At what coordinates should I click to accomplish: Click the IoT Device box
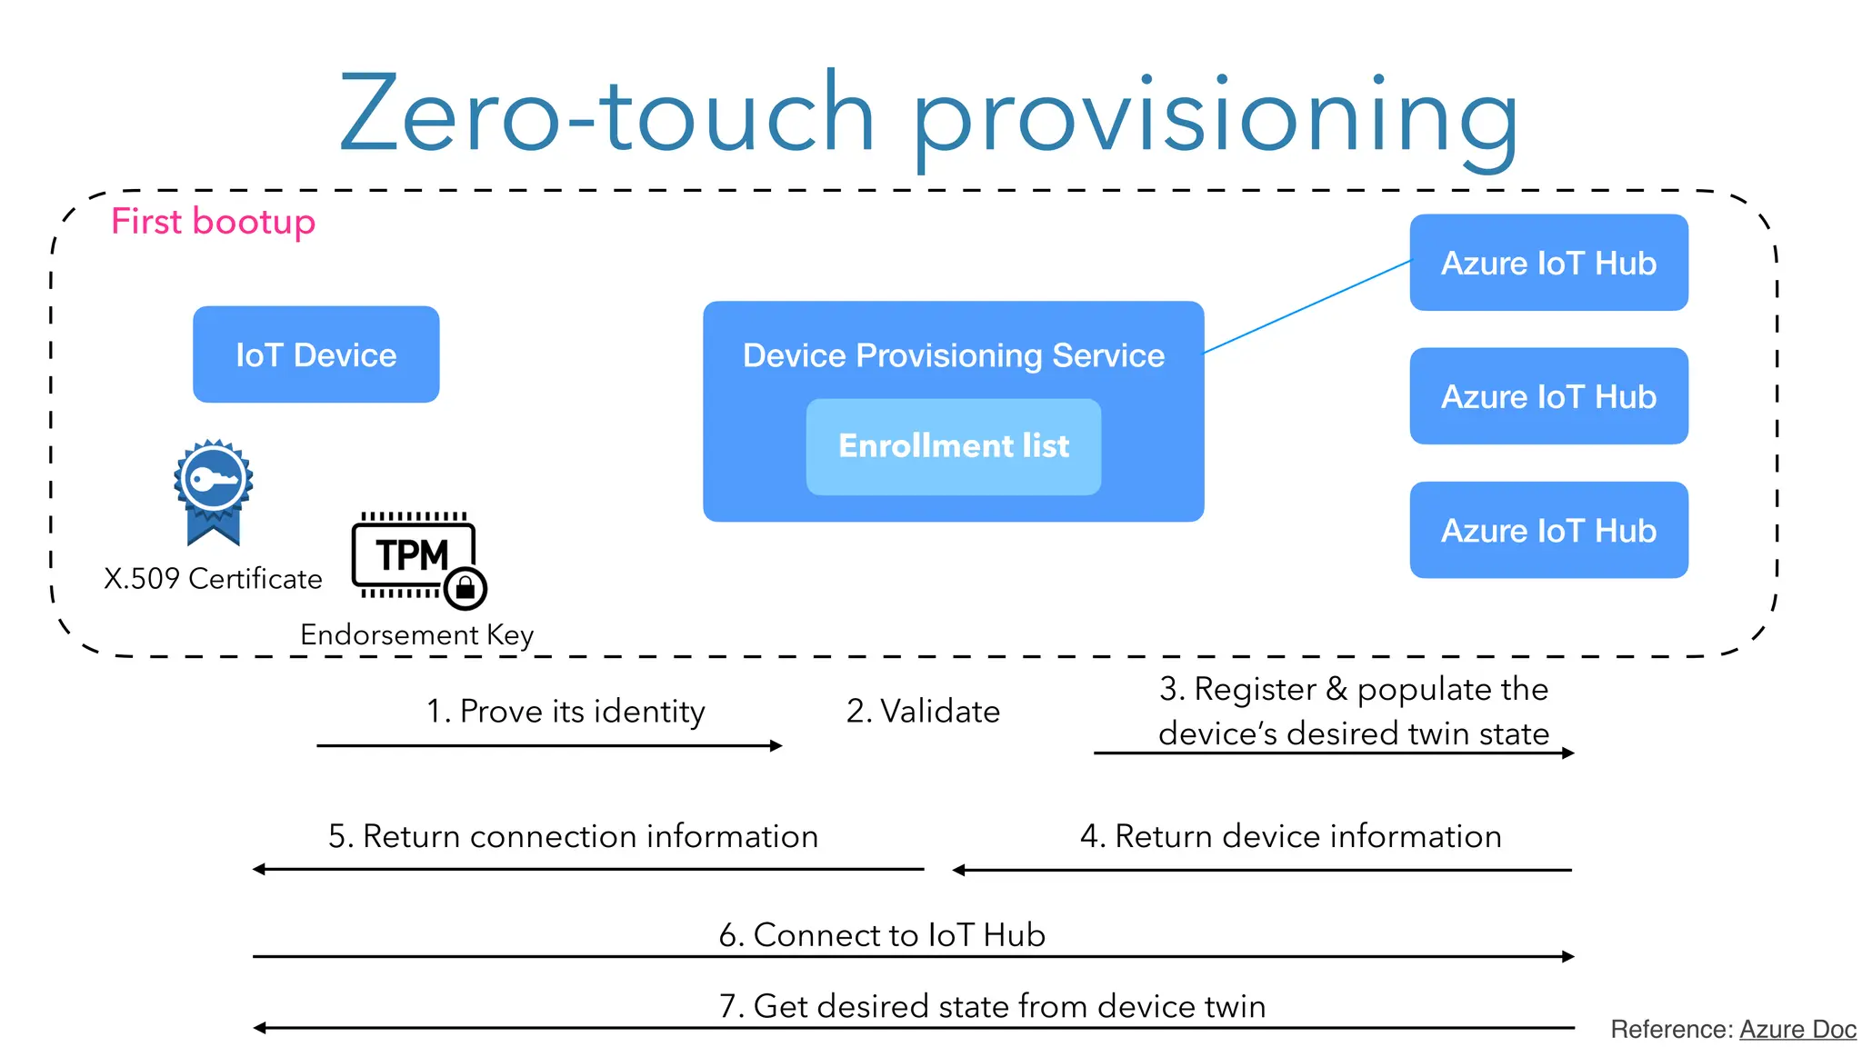pos(315,354)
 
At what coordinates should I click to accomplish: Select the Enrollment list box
pos(953,446)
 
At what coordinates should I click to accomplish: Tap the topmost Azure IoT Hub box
pos(1548,263)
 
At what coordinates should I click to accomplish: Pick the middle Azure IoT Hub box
pos(1548,396)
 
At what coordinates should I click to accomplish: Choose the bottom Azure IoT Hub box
pos(1548,530)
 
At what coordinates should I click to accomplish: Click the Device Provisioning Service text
pos(953,355)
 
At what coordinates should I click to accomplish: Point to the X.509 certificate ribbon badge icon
pos(213,491)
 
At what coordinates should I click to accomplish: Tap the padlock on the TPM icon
pos(465,588)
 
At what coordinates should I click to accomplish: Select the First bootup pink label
pos(213,222)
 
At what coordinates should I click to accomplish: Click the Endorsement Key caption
pos(416,634)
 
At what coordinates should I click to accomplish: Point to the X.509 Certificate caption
pos(213,579)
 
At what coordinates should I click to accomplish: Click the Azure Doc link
pos(1797,1029)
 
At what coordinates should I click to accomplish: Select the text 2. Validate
pos(922,711)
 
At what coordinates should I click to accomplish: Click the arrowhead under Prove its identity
pos(776,746)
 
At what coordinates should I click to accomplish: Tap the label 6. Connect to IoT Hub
pos(881,935)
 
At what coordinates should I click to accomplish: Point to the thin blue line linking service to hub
pos(1306,307)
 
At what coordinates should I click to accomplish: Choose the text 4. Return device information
pos(1290,836)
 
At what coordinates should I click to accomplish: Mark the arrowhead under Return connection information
pos(259,870)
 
